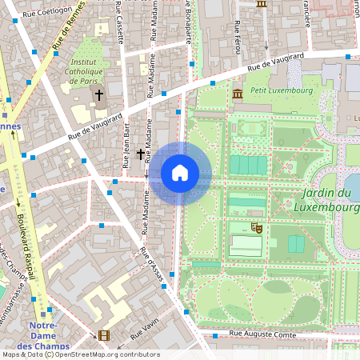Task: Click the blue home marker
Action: pyautogui.click(x=180, y=173)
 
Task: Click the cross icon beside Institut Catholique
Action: pyautogui.click(x=99, y=95)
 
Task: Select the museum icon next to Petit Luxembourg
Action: pyautogui.click(x=238, y=95)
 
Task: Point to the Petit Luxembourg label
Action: pyautogui.click(x=280, y=90)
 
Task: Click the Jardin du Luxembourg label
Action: pyautogui.click(x=327, y=200)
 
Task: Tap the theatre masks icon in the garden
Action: pyautogui.click(x=257, y=228)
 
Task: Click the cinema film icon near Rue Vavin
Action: pyautogui.click(x=103, y=335)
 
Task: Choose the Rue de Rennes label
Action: pyautogui.click(x=68, y=36)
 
